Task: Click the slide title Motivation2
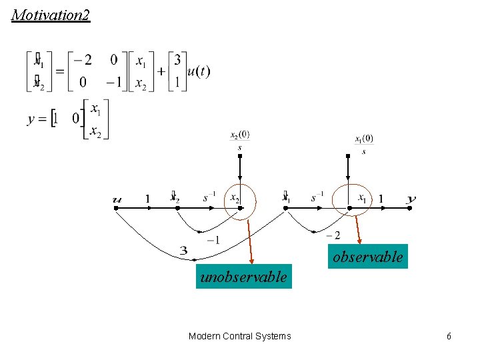[x=51, y=15]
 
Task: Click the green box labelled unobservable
[x=243, y=277]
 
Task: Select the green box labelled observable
[x=368, y=257]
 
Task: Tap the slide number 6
[x=449, y=336]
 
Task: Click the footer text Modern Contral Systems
[x=240, y=336]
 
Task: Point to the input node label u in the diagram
[x=117, y=199]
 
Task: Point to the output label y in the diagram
[x=411, y=199]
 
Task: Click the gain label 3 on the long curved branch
[x=183, y=251]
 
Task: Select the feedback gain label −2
[x=333, y=235]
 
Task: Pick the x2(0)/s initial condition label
[x=240, y=139]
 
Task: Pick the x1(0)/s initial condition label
[x=364, y=143]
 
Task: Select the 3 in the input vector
[x=177, y=61]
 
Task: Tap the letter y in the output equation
[x=31, y=120]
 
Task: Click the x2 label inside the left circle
[x=235, y=198]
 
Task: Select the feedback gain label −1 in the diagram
[x=213, y=240]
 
